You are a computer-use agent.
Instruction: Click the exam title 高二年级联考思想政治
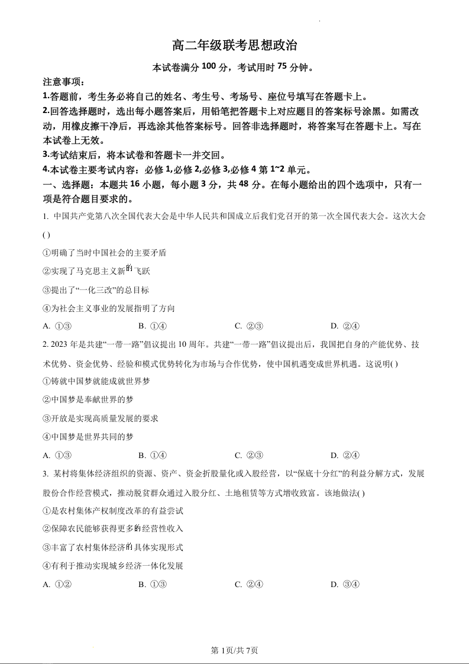(x=234, y=45)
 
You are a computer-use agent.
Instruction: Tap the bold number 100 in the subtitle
(x=209, y=67)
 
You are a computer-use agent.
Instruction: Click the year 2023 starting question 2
(x=60, y=345)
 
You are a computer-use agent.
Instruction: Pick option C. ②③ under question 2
(x=248, y=455)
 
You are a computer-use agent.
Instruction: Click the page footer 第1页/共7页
(x=234, y=650)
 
